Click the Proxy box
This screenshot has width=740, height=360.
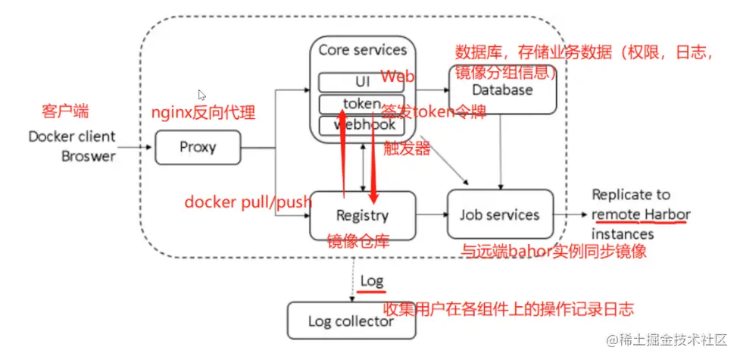click(198, 147)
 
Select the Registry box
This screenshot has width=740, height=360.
click(363, 215)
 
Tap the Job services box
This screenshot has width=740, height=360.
click(500, 214)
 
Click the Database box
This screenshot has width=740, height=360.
click(504, 91)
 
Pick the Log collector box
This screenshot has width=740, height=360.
click(351, 321)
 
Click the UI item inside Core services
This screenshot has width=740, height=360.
click(362, 81)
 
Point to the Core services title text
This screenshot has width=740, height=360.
click(362, 50)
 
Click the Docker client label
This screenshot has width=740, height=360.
click(72, 137)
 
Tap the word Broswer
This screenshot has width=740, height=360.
click(89, 155)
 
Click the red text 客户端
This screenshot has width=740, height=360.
click(64, 112)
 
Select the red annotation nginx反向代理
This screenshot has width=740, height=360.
click(203, 114)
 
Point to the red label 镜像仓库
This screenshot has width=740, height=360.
click(358, 241)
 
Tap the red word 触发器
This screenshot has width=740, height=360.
click(407, 148)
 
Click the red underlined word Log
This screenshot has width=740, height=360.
click(371, 281)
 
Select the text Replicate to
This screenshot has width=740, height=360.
click(631, 195)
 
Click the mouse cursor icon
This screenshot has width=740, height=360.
click(201, 95)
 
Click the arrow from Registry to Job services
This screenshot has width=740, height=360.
click(431, 215)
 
